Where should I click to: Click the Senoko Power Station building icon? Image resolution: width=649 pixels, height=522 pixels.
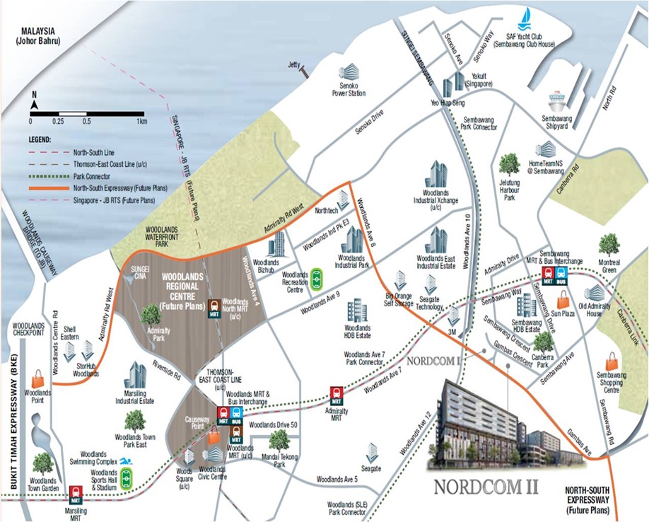(349, 72)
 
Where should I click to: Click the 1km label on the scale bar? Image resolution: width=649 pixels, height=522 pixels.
(141, 122)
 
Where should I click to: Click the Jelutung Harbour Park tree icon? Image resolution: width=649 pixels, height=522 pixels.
(508, 164)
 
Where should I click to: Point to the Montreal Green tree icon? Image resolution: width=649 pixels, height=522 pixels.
(608, 244)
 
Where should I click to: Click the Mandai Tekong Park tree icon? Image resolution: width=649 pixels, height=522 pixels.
(279, 440)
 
